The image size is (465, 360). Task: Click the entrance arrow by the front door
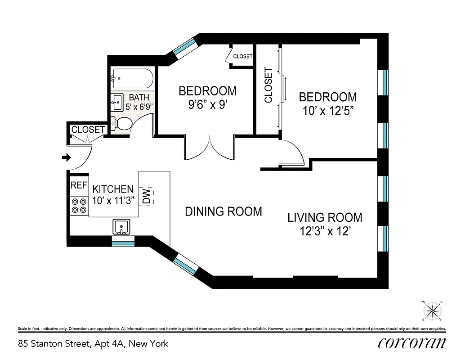click(x=66, y=157)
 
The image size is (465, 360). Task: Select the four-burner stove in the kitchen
click(x=79, y=206)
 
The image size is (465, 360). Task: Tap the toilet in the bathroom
click(x=119, y=123)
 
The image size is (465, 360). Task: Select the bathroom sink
click(x=117, y=102)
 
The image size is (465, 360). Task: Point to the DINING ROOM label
click(x=223, y=211)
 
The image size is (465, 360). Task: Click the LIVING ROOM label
click(x=325, y=218)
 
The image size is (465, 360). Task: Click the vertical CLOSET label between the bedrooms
click(x=268, y=85)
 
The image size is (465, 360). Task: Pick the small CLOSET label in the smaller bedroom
click(x=243, y=56)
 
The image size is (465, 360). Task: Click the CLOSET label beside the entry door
click(x=88, y=130)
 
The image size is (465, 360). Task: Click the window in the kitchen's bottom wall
click(x=123, y=243)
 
